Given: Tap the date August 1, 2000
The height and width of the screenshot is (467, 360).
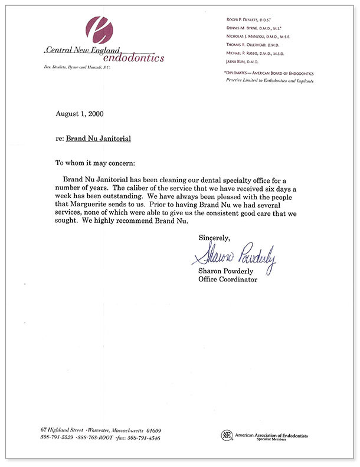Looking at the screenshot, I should click(x=81, y=113).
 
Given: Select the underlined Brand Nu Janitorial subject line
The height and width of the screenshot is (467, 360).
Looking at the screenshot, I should click(x=98, y=139).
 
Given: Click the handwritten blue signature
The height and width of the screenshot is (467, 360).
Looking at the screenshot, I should click(x=234, y=254).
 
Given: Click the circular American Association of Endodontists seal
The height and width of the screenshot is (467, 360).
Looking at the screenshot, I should click(x=226, y=435).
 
